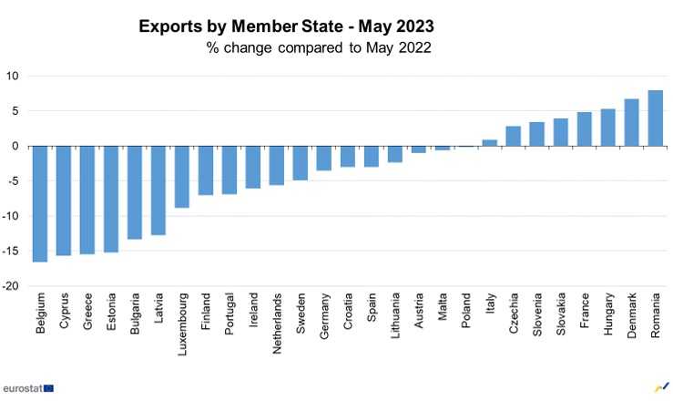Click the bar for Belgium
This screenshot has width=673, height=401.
(40, 204)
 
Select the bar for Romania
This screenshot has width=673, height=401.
(655, 118)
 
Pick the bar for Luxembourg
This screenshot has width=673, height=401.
(182, 177)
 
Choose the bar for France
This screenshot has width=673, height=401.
(584, 129)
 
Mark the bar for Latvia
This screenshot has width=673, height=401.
(158, 190)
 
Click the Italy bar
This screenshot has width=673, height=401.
(489, 143)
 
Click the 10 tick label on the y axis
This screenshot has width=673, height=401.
(14, 76)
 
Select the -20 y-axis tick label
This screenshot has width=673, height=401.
(12, 286)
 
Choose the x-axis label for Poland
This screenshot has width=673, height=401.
(466, 311)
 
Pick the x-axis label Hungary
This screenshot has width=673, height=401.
(607, 314)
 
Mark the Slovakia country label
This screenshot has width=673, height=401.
(561, 314)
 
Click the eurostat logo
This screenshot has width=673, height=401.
(27, 387)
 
